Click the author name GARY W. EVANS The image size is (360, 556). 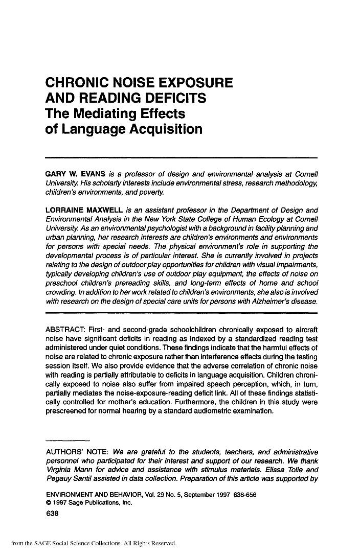pyautogui.click(x=76, y=174)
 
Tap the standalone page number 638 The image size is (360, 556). pyautogui.click(x=53, y=514)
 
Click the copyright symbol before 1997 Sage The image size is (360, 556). pyautogui.click(x=48, y=503)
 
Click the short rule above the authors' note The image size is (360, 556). pyautogui.click(x=67, y=440)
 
